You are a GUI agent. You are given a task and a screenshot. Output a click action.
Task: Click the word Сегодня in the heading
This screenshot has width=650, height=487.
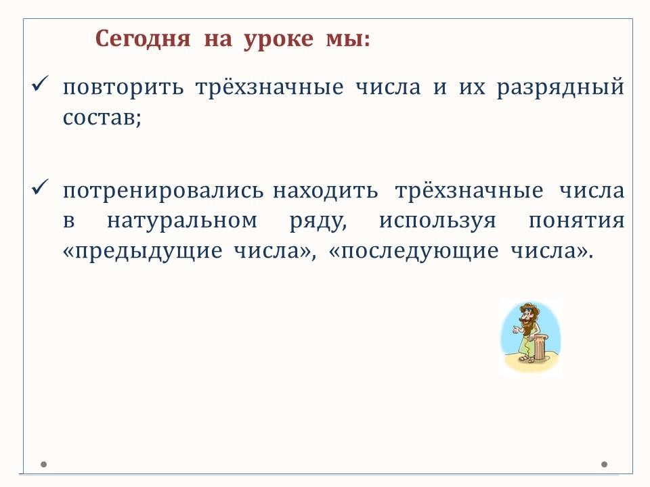tap(143, 39)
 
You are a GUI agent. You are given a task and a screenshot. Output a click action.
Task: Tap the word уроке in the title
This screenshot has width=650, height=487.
tap(278, 40)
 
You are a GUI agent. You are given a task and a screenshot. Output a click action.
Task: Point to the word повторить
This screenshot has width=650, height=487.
tap(123, 88)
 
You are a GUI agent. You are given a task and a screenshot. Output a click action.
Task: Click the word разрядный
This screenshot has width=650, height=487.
tap(561, 88)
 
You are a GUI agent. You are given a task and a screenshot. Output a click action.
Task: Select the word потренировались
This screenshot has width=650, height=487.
tap(163, 191)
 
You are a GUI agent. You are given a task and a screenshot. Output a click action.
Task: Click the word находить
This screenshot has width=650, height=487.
tap(326, 191)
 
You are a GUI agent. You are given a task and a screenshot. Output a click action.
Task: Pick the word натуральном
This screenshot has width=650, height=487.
tap(182, 221)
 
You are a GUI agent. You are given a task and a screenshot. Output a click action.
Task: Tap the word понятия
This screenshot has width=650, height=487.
tap(577, 221)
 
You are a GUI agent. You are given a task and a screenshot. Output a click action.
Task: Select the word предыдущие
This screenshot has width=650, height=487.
tap(148, 251)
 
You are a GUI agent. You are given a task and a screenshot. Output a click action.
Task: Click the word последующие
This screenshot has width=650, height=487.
tap(420, 251)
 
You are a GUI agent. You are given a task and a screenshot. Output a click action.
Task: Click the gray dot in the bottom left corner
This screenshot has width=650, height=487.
tap(43, 464)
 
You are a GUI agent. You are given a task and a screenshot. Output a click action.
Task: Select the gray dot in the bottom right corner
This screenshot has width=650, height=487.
tap(605, 464)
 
